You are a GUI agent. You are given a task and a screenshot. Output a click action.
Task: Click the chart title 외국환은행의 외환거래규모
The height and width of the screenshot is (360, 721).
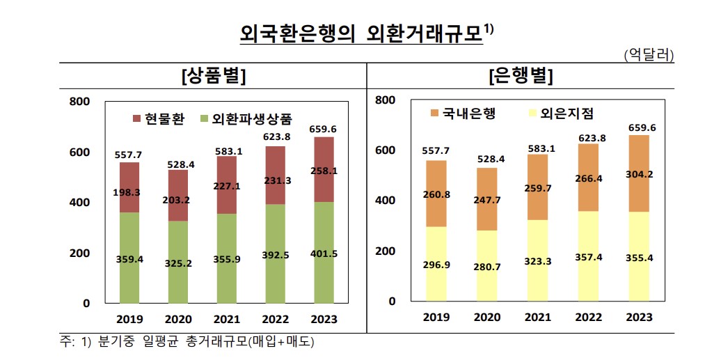(360, 33)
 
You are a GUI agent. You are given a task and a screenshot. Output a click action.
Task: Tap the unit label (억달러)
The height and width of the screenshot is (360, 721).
(648, 55)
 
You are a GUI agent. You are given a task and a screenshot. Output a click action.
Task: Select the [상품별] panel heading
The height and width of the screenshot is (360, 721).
(212, 76)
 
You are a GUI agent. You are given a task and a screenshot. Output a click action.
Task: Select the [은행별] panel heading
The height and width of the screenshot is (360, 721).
(521, 76)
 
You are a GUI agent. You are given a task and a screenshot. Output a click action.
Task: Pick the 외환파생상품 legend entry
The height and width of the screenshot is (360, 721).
(246, 118)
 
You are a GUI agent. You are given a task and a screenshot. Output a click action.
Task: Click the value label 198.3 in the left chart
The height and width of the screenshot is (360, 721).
(129, 192)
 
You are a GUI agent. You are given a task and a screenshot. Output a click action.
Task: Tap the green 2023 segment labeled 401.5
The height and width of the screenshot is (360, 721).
(323, 253)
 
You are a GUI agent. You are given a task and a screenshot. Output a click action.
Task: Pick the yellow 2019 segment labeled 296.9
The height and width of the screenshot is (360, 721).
(436, 265)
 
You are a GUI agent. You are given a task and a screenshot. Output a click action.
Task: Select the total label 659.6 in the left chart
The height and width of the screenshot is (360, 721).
(323, 129)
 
